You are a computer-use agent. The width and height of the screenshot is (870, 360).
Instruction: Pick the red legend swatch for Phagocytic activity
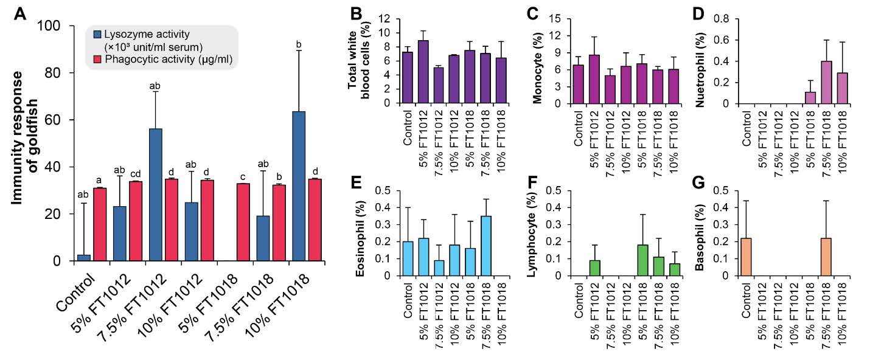coord(97,59)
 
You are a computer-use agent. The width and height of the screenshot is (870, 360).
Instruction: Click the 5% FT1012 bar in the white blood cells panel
coord(423,72)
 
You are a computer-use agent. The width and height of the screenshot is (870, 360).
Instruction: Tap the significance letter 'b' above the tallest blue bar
coord(299,44)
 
